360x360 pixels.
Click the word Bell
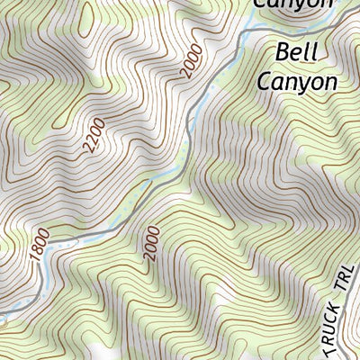[x=296, y=52]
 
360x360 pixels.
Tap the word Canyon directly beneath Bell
[x=297, y=82]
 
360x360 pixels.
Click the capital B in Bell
[x=280, y=52]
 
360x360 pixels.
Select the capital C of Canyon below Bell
[x=265, y=82]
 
